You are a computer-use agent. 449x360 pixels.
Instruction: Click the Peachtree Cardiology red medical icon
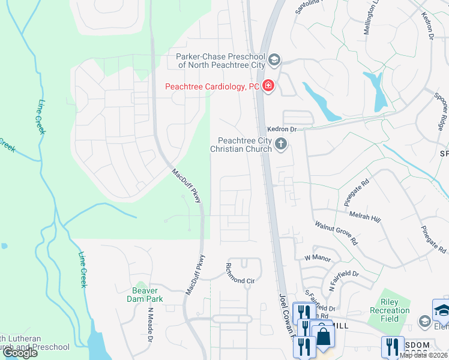[x=268, y=87]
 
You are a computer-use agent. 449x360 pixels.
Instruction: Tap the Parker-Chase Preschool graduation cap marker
[x=274, y=59]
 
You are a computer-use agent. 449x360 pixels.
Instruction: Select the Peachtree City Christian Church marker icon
[x=280, y=144]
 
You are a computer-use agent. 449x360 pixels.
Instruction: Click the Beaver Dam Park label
[x=141, y=294]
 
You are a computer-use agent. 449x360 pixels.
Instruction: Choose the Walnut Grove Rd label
[x=337, y=233]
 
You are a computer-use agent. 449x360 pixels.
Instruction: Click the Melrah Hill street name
[x=366, y=216]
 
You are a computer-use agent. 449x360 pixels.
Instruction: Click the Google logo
[x=19, y=353]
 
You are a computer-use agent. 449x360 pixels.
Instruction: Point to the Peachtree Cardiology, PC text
[x=212, y=87]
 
